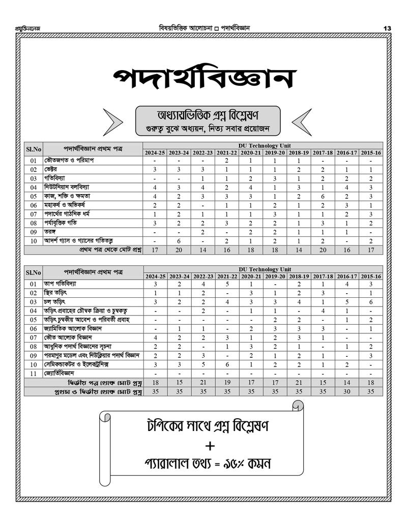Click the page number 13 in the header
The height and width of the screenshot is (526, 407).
tap(387, 28)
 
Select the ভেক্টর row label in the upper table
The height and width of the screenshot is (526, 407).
tap(51, 169)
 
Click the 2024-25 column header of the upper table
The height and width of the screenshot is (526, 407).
tap(155, 152)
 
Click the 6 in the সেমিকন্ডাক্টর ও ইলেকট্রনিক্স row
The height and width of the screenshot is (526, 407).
tap(227, 364)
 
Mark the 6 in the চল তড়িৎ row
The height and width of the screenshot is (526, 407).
tap(371, 302)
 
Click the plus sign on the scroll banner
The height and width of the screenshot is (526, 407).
tap(210, 446)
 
